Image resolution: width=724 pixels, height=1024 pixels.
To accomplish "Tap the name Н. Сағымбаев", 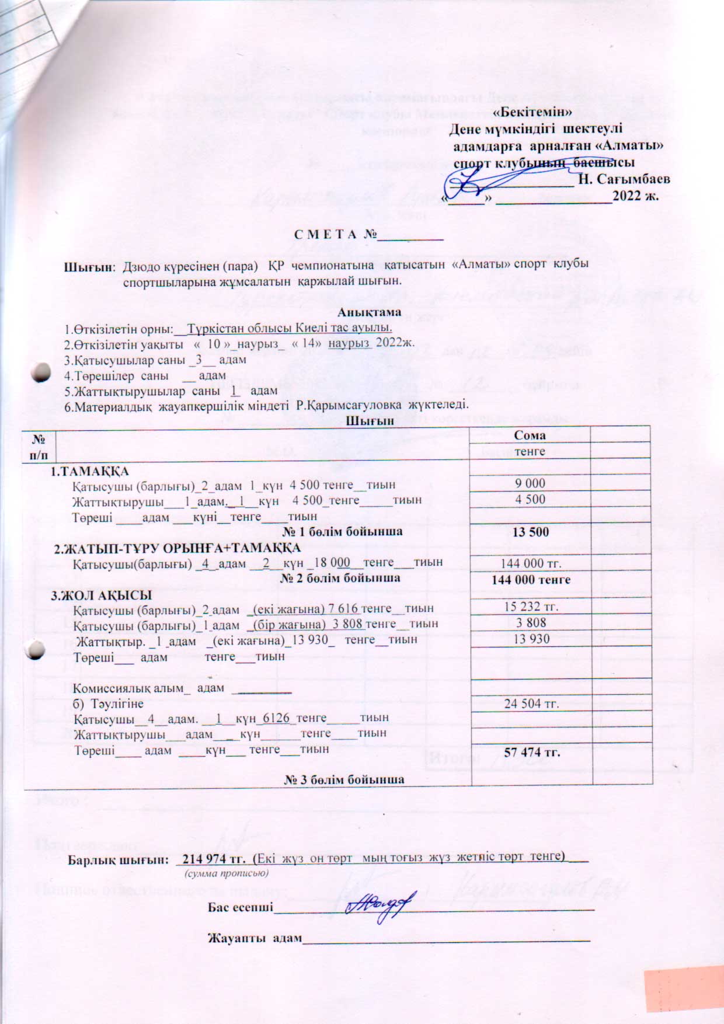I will point(624,179).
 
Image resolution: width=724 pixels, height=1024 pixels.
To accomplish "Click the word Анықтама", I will point(374,312).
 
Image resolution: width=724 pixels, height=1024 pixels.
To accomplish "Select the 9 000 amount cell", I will point(530,483).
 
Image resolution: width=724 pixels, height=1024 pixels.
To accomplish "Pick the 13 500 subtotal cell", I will point(530,532).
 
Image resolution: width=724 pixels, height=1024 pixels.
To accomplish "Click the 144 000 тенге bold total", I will point(531,580).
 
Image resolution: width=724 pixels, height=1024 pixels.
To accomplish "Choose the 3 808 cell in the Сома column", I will point(531,622).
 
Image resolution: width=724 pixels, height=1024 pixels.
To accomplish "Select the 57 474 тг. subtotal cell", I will point(532,753).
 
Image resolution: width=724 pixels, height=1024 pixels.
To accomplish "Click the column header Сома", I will point(530,435).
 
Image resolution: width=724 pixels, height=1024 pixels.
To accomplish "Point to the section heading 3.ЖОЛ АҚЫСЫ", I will point(101,595).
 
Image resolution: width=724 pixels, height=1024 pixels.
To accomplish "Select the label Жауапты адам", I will point(255,938).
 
